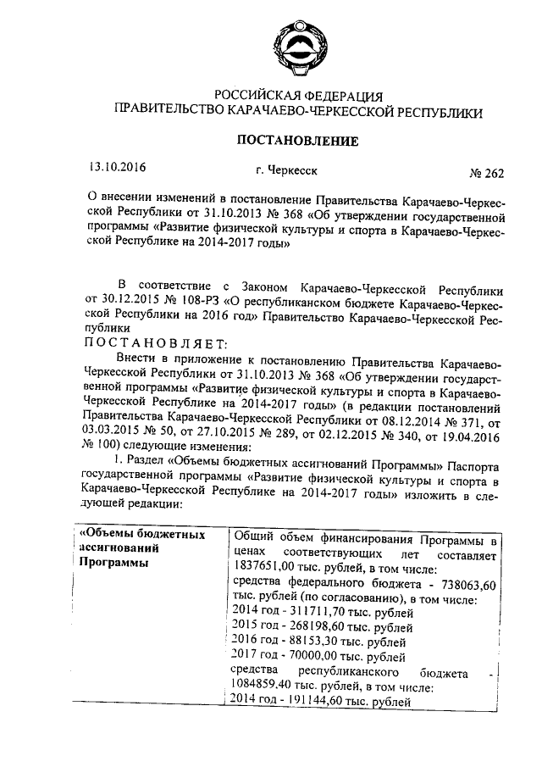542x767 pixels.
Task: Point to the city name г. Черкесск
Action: pyautogui.click(x=290, y=170)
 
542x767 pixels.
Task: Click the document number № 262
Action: pyautogui.click(x=485, y=174)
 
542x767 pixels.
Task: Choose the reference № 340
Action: pyautogui.click(x=406, y=431)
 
